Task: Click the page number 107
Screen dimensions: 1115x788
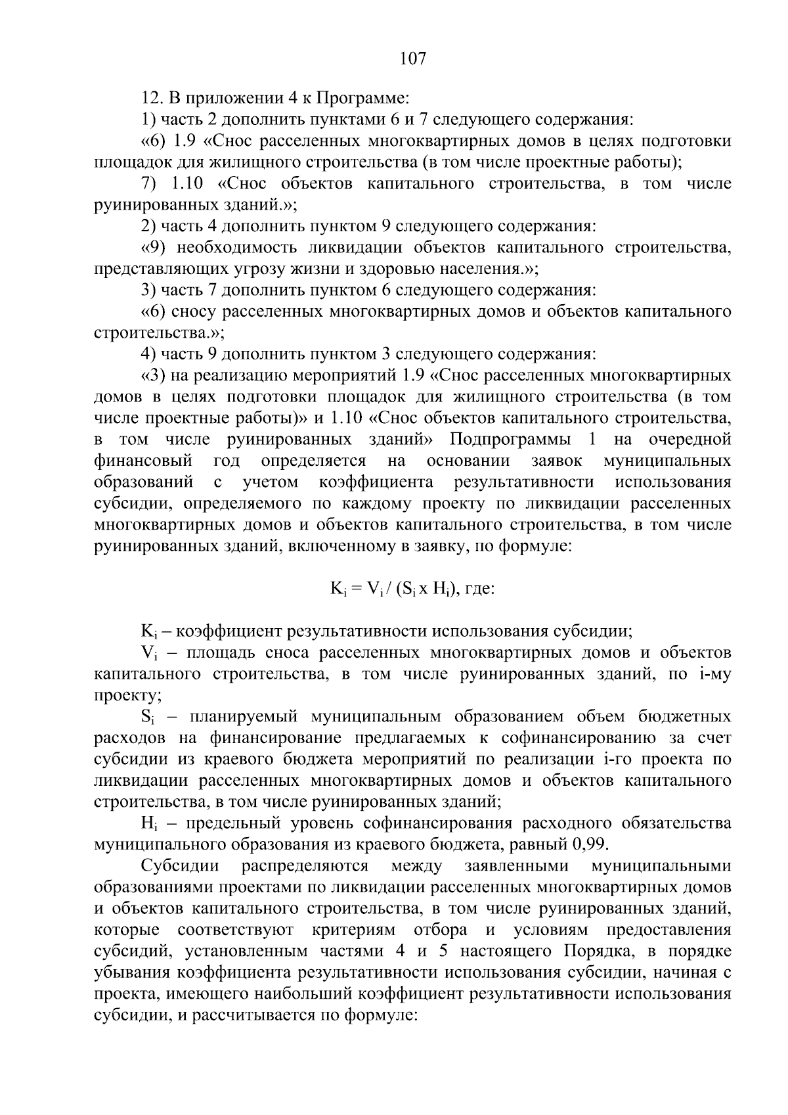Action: point(413,59)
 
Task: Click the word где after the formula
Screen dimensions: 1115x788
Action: point(479,588)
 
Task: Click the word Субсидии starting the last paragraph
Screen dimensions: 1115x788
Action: point(179,866)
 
